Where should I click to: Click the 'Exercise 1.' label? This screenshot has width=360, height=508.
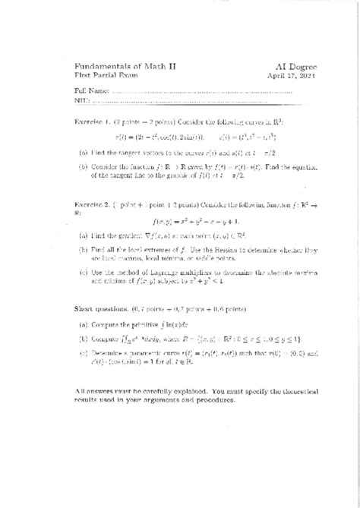tap(93, 121)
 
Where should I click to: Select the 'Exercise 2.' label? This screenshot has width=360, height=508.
tap(93, 205)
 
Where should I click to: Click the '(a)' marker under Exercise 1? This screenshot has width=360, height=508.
tap(82, 152)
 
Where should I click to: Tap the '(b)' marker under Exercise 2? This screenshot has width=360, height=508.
tap(82, 248)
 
